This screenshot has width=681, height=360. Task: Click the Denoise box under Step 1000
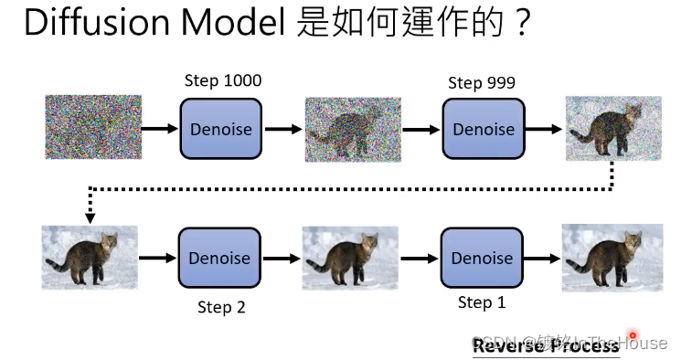tap(221, 129)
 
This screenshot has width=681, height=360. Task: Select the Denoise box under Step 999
tap(484, 129)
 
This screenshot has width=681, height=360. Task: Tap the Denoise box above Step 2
tap(219, 259)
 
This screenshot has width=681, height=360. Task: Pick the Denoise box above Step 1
tap(482, 259)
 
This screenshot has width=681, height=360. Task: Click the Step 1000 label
tap(223, 81)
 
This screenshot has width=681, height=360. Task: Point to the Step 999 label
tap(482, 83)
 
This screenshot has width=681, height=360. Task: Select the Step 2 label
tap(221, 307)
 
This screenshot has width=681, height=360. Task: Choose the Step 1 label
tap(482, 302)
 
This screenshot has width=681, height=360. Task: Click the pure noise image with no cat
tap(93, 127)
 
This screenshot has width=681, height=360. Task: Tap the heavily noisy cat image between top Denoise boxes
tap(353, 129)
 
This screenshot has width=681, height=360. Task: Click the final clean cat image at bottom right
tap(612, 257)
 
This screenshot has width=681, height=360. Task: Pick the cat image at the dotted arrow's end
tap(90, 257)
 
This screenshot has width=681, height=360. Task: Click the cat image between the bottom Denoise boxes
tap(349, 259)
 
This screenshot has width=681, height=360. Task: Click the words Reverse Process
tap(546, 345)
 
